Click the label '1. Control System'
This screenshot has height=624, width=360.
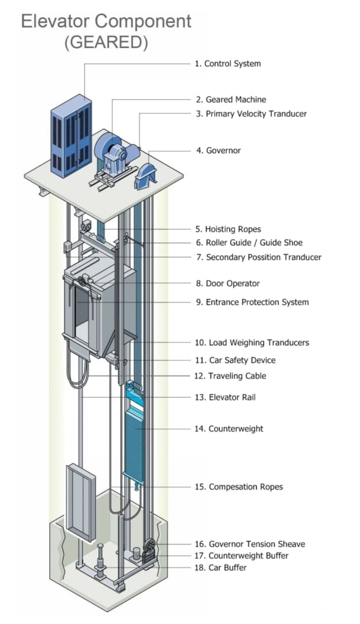click(228, 63)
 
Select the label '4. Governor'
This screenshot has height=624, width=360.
click(219, 151)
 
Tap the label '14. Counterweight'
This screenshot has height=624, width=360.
click(229, 429)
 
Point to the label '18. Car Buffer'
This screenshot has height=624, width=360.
click(220, 567)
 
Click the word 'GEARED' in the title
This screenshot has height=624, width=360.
click(106, 42)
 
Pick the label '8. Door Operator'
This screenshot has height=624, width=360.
click(228, 283)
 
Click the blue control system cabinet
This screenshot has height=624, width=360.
click(71, 136)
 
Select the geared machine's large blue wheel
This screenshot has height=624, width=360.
click(108, 144)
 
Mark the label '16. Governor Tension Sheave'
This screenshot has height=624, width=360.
click(250, 544)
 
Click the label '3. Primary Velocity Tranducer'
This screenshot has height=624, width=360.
click(251, 114)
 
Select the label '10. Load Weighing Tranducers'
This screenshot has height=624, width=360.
click(252, 343)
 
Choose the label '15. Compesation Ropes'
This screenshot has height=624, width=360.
click(239, 487)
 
